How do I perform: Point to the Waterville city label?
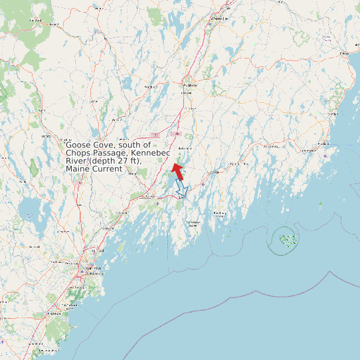(221, 19)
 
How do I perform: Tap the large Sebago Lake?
(29, 211)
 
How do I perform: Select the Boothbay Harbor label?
(193, 224)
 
